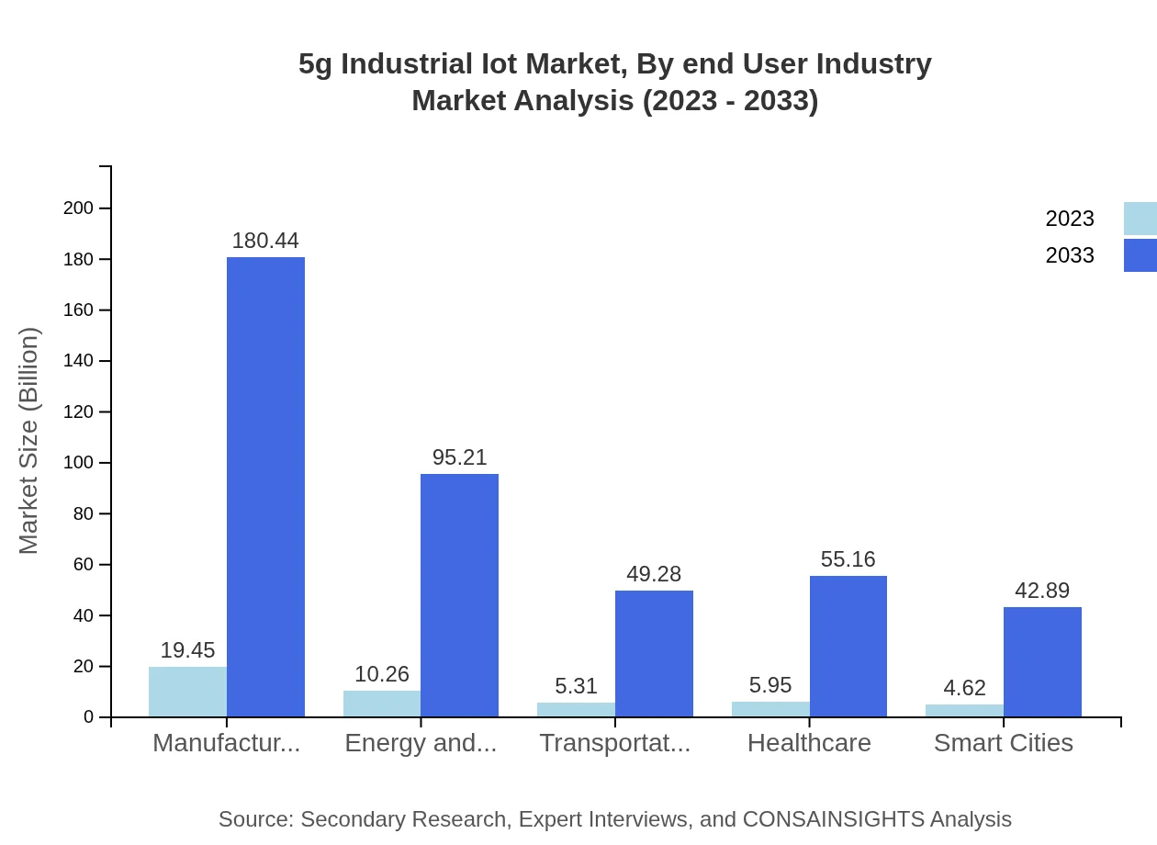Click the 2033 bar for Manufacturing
click(x=265, y=487)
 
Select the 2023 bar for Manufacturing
click(x=187, y=692)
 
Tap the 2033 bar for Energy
click(x=459, y=595)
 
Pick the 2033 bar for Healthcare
click(x=848, y=646)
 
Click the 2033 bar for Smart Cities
click(x=1042, y=661)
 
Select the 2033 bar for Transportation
click(x=654, y=653)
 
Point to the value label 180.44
click(x=265, y=241)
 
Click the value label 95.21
click(x=459, y=457)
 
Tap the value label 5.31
click(x=576, y=686)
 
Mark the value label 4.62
click(x=964, y=688)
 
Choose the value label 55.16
click(x=848, y=559)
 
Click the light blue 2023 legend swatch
click(x=1140, y=219)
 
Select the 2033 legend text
click(x=1070, y=255)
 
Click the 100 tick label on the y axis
click(x=79, y=463)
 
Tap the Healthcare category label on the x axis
click(x=809, y=742)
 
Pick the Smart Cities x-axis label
click(x=1003, y=742)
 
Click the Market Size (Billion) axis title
click(x=29, y=441)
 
